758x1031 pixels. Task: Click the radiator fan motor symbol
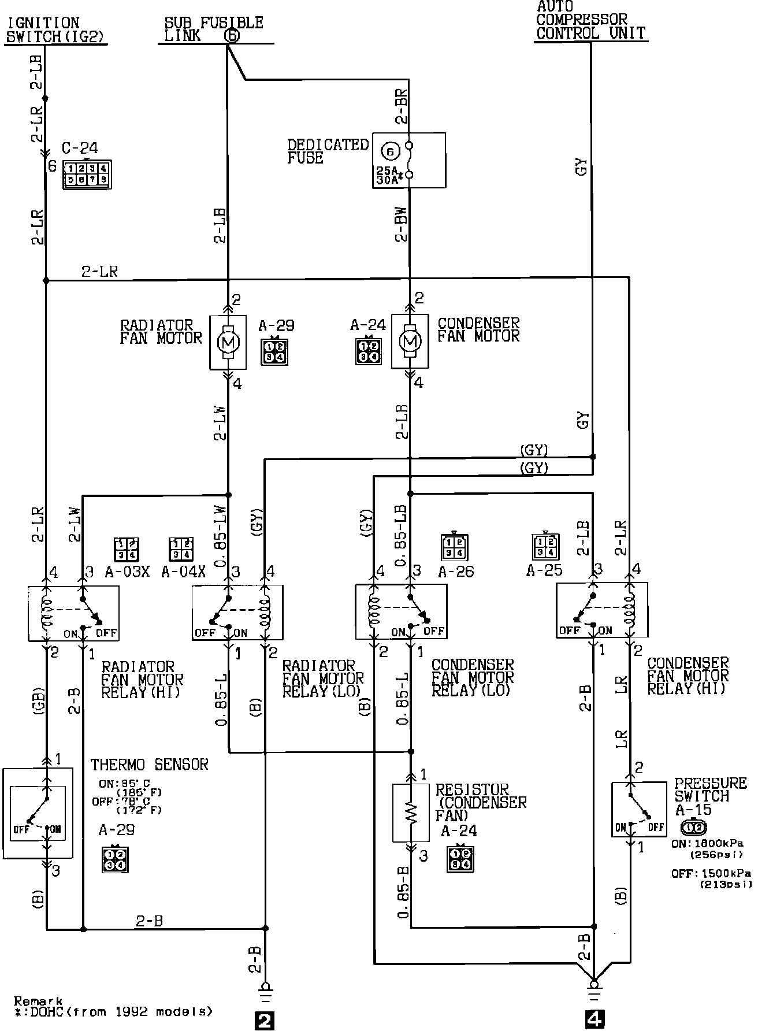pyautogui.click(x=228, y=342)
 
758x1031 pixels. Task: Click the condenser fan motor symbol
pyautogui.click(x=410, y=342)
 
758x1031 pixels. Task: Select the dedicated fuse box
pyautogui.click(x=408, y=160)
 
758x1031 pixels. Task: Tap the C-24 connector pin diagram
pyautogui.click(x=87, y=175)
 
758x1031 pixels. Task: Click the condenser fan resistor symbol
pyautogui.click(x=411, y=813)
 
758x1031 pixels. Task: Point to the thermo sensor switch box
pyautogui.click(x=38, y=813)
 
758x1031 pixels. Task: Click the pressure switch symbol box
pyautogui.click(x=639, y=809)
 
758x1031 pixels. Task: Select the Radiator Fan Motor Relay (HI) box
pyautogui.click(x=73, y=613)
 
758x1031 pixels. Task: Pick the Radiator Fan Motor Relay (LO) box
pyautogui.click(x=237, y=613)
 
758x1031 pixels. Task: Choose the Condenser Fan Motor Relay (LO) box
pyautogui.click(x=400, y=612)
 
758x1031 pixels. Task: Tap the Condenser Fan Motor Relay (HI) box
pyautogui.click(x=601, y=610)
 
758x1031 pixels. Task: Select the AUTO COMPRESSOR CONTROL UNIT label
pyautogui.click(x=590, y=21)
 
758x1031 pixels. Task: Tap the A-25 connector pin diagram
pyautogui.click(x=545, y=547)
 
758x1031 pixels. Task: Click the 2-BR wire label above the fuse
pyautogui.click(x=402, y=106)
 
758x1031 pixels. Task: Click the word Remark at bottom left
pyautogui.click(x=38, y=1001)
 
